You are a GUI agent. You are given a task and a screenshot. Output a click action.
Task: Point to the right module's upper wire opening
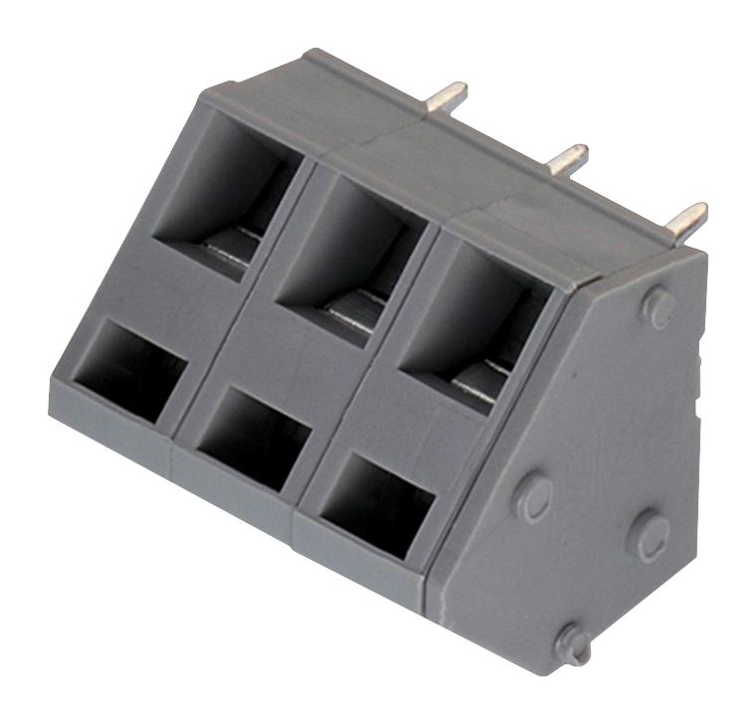pyautogui.click(x=477, y=318)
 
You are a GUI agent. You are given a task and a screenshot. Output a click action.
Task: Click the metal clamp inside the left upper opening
pyautogui.click(x=239, y=244)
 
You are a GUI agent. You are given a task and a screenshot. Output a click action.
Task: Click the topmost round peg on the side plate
pyautogui.click(x=658, y=307)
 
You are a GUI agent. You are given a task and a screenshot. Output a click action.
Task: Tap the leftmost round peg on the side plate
pyautogui.click(x=534, y=494)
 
